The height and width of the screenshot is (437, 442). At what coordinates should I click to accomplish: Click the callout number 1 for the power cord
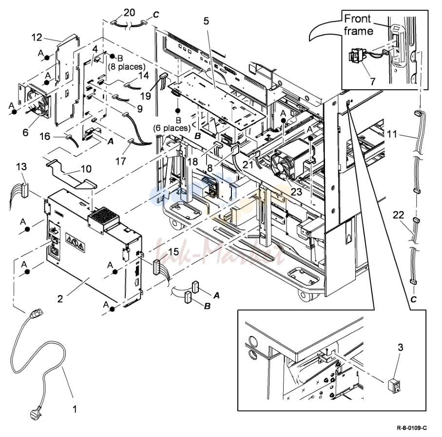click(x=75, y=409)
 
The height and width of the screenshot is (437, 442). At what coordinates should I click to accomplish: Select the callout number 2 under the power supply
click(x=60, y=299)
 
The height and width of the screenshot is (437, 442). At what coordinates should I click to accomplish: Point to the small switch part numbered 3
click(x=394, y=386)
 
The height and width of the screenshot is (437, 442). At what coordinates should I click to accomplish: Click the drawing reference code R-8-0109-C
click(x=412, y=428)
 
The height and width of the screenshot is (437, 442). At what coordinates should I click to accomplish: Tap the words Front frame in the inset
click(x=358, y=25)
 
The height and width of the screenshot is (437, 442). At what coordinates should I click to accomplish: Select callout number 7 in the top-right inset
click(x=373, y=81)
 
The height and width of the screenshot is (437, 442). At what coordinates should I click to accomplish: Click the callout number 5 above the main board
click(x=206, y=21)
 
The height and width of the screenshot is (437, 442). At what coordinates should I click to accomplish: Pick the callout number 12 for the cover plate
click(x=37, y=37)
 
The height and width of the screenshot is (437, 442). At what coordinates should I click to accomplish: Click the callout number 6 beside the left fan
click(x=25, y=132)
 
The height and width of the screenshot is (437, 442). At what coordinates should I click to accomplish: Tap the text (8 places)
click(x=127, y=67)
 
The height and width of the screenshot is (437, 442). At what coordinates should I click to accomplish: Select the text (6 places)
click(x=172, y=128)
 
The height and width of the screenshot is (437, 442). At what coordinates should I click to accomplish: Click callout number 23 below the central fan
click(x=297, y=192)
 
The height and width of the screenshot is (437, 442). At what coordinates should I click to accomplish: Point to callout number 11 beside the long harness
click(x=392, y=134)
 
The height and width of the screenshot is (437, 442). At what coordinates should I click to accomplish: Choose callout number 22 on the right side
click(x=399, y=215)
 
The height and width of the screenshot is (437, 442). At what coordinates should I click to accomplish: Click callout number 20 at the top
click(x=130, y=12)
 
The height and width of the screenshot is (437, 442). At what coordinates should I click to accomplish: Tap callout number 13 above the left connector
click(x=21, y=167)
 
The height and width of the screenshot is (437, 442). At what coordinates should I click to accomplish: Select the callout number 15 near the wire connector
click(x=174, y=252)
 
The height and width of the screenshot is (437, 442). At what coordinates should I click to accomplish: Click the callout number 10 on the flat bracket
click(x=86, y=169)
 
